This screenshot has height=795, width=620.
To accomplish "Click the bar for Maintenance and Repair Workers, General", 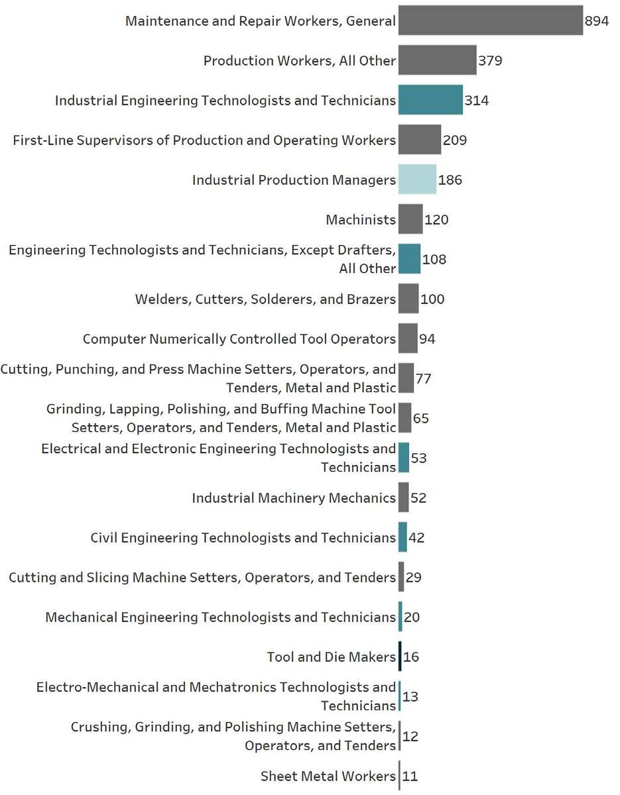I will tap(490, 21).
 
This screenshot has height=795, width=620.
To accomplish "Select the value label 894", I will tap(596, 21).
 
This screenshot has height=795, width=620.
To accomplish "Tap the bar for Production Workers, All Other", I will tap(437, 60).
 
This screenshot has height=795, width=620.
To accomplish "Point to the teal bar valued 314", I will tap(430, 100).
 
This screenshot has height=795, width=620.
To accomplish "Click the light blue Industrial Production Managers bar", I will tap(417, 180).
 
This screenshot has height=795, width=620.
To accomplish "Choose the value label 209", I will tap(455, 140).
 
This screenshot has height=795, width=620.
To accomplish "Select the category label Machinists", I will tap(361, 220).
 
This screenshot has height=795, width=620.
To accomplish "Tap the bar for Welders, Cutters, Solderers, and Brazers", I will tap(408, 299).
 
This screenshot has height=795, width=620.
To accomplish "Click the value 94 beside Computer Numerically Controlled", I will tap(427, 339).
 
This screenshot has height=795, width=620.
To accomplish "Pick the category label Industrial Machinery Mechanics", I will tap(294, 498).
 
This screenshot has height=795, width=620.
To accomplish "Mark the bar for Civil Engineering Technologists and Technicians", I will tap(403, 537).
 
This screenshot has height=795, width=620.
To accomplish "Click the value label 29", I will tap(414, 578).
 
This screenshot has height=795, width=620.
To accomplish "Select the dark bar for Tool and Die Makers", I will tap(400, 657).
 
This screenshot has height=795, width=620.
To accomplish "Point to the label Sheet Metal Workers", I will tap(328, 776).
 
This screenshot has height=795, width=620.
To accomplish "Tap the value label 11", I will tap(410, 776).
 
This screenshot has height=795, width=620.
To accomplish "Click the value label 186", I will tap(450, 180).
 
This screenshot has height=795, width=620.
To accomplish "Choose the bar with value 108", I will tap(409, 259).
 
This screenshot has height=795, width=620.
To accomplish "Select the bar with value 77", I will tap(406, 378).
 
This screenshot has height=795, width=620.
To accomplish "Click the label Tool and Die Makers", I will tap(331, 657).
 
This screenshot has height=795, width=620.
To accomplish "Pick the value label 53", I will tap(418, 458).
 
